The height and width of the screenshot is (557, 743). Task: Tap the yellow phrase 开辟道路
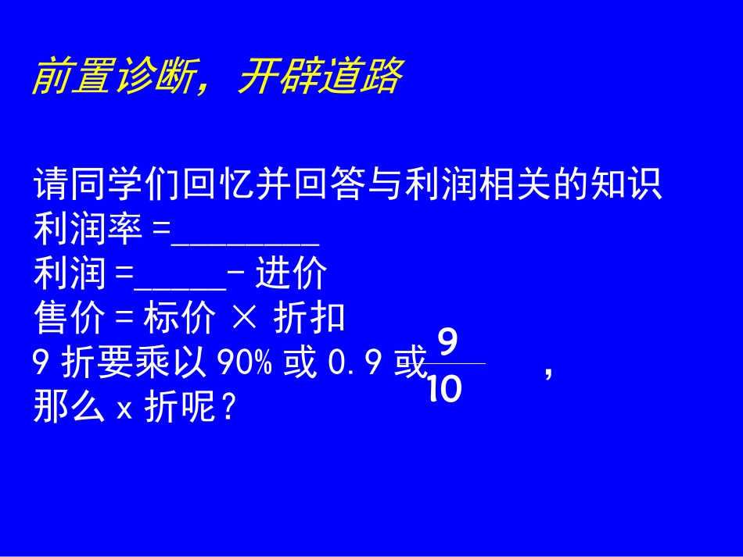tap(320, 77)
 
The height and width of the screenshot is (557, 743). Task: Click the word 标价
tap(177, 319)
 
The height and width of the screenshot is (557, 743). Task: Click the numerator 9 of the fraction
tap(447, 343)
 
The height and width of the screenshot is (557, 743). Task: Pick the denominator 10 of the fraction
tap(445, 389)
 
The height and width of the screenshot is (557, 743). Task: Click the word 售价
tap(69, 319)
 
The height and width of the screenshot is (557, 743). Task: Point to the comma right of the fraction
tap(548, 373)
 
